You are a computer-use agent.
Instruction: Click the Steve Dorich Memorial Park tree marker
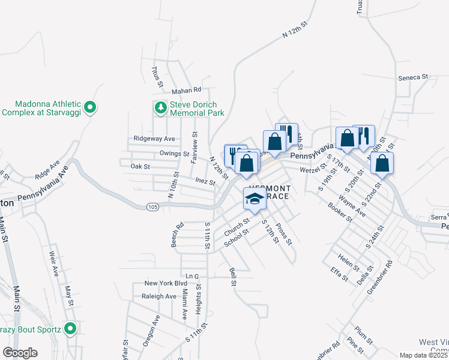point(160,108)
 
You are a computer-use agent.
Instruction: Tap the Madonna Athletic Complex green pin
point(90,108)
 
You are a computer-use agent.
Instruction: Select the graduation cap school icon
point(255,199)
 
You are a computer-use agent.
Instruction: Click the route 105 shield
point(153,206)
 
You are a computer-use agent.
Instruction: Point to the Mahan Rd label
point(186,91)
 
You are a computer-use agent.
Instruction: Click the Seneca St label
point(413,77)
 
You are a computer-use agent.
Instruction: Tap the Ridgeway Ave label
point(154,139)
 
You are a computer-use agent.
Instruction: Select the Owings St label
point(174,154)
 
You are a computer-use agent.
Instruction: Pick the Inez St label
point(205,181)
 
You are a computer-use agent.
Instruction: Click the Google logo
point(20,353)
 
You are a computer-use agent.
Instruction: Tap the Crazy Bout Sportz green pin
point(70,329)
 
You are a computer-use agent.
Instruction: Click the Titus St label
point(157,77)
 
